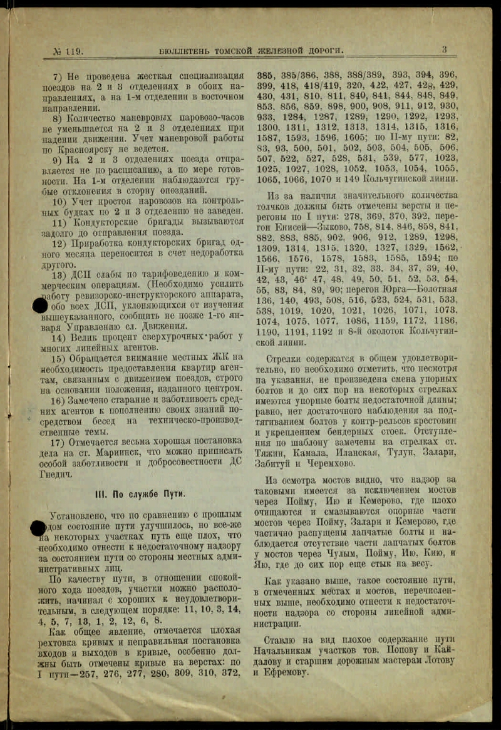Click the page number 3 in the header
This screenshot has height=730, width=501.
point(444,49)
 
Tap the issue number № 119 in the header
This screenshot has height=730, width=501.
point(67,51)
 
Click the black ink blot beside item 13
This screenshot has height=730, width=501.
point(40,306)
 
